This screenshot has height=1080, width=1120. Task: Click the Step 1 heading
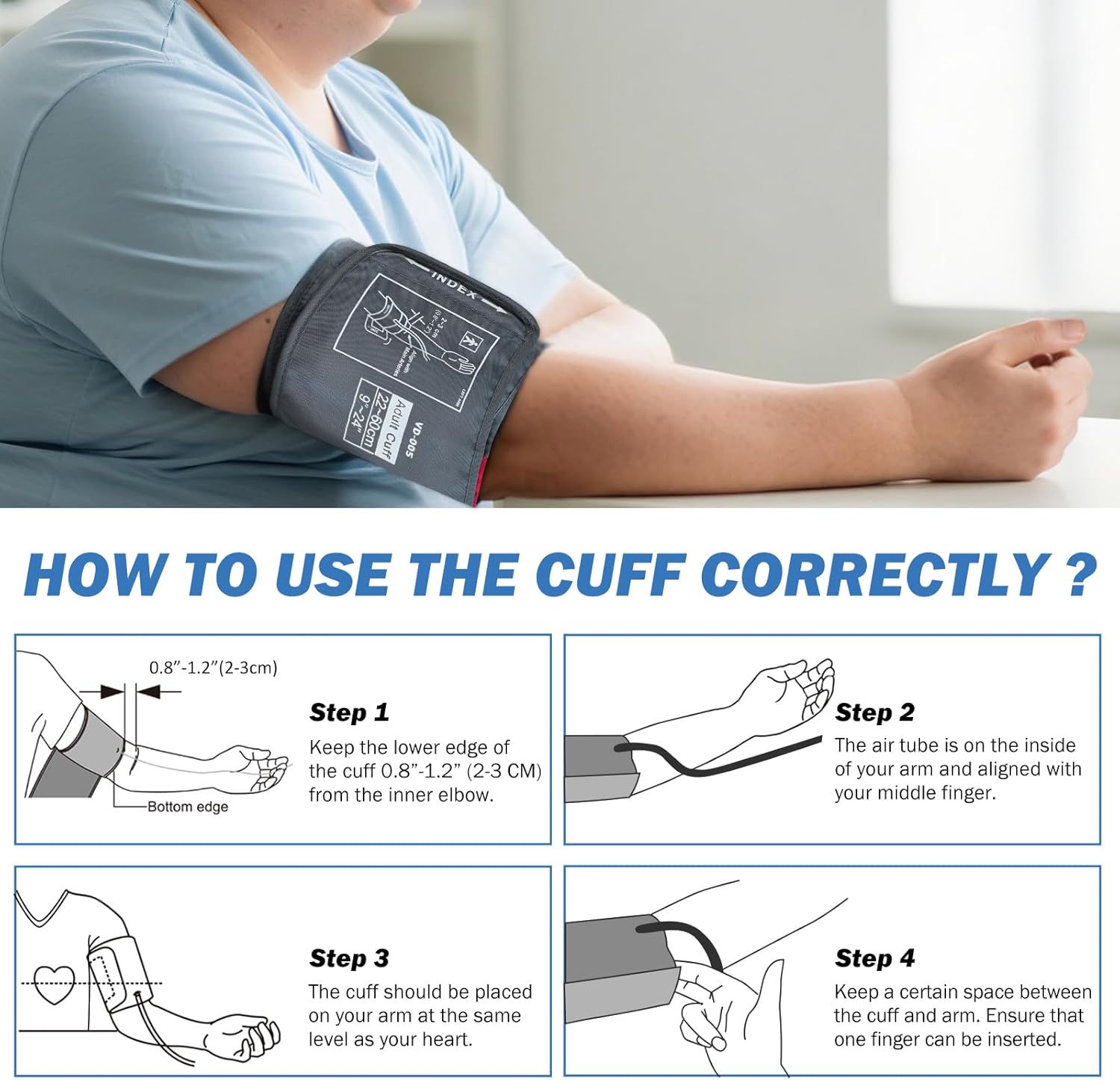pyautogui.click(x=349, y=713)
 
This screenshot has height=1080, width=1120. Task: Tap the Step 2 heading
pyautogui.click(x=874, y=713)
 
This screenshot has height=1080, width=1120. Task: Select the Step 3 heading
pyautogui.click(x=349, y=958)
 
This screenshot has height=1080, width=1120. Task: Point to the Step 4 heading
pyautogui.click(x=874, y=958)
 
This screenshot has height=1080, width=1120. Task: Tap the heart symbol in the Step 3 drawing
pyautogui.click(x=55, y=984)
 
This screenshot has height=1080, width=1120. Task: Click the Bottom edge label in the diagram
pyautogui.click(x=187, y=807)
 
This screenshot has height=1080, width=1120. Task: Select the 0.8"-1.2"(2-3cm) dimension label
pyautogui.click(x=213, y=668)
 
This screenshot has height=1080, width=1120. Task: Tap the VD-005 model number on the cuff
pyautogui.click(x=414, y=441)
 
